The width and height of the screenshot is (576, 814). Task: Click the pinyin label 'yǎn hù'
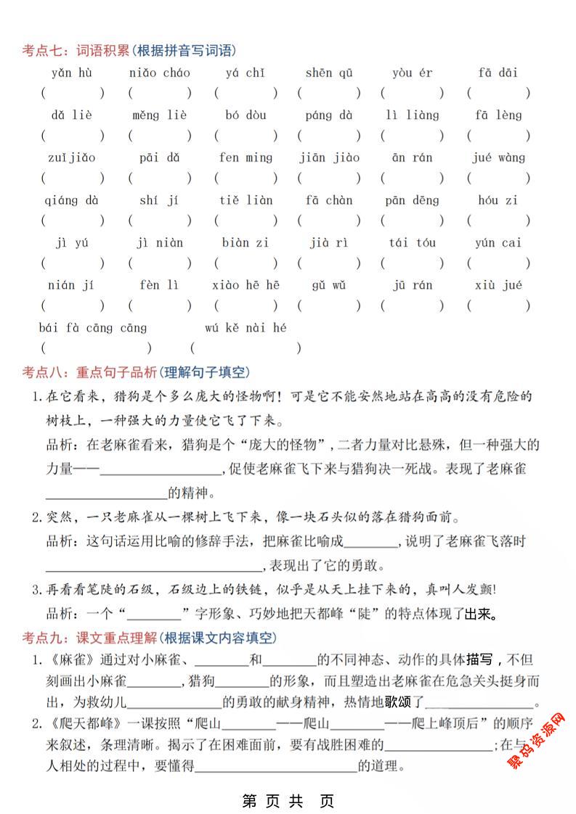(71, 73)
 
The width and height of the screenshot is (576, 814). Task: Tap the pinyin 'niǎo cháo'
(159, 73)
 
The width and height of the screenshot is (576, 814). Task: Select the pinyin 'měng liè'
(159, 115)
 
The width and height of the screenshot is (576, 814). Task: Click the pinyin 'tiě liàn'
(246, 200)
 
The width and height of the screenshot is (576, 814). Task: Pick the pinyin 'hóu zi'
(498, 200)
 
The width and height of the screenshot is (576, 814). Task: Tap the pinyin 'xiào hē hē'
(246, 285)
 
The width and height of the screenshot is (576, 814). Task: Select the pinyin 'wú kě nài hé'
(246, 328)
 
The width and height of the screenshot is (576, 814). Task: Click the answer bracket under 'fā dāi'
(498, 94)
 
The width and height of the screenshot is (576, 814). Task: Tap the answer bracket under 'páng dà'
(328, 136)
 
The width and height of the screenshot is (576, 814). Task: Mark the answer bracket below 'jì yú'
(71, 263)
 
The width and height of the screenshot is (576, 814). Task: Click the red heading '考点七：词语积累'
(76, 50)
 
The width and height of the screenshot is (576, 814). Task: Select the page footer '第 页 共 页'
(288, 801)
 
